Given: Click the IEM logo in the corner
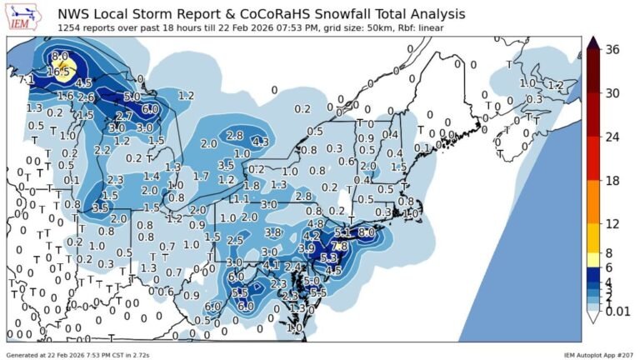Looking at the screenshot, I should click(x=21, y=18).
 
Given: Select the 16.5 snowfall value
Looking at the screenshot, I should click(x=57, y=72).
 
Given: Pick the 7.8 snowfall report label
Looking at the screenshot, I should click(x=339, y=246).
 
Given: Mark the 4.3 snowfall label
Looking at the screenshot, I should click(x=260, y=142).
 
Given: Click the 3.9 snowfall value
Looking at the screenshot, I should click(x=307, y=248).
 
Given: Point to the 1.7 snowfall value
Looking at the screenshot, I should click(x=201, y=176).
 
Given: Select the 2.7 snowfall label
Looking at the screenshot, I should click(x=124, y=116).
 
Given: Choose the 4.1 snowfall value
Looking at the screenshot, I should click(x=272, y=265).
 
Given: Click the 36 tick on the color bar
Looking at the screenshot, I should click(x=612, y=49).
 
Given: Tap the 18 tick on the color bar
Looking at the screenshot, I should click(x=612, y=181).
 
